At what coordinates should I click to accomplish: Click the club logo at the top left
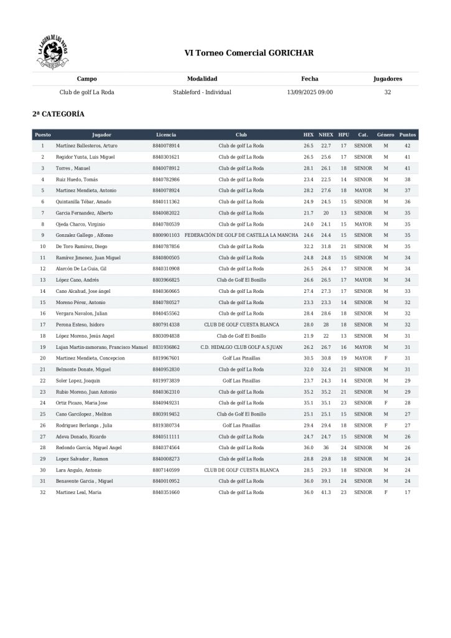click(53, 52)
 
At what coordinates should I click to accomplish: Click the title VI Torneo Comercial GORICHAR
click(249, 53)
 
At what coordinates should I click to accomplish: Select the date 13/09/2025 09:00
click(310, 92)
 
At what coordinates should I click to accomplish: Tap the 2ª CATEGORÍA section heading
click(58, 115)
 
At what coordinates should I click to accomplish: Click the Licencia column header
click(166, 135)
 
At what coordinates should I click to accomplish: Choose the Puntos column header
click(407, 135)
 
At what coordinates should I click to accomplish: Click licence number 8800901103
click(166, 236)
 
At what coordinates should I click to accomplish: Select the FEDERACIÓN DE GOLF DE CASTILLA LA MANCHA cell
click(241, 236)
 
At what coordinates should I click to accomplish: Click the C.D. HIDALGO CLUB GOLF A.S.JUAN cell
click(241, 347)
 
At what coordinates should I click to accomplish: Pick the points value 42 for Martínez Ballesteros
click(407, 146)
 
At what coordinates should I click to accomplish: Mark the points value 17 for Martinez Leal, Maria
click(407, 492)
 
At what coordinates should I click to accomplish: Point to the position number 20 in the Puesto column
click(43, 358)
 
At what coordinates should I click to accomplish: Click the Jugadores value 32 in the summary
click(388, 92)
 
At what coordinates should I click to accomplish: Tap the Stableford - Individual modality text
click(202, 92)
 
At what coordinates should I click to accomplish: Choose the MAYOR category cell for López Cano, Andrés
click(363, 280)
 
